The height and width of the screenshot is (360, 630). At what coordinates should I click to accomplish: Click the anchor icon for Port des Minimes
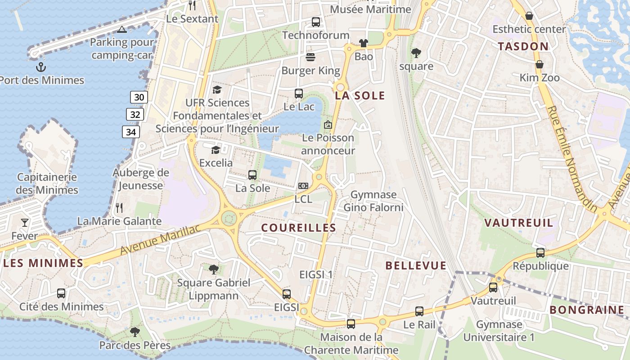[41, 67]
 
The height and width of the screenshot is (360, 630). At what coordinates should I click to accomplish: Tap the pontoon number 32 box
[135, 114]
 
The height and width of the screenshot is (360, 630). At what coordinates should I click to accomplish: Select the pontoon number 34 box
[131, 132]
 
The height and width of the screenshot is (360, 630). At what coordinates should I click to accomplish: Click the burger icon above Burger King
[310, 57]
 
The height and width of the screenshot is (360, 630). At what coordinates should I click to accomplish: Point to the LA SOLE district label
[360, 95]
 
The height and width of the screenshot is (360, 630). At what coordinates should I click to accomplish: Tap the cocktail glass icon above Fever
[25, 222]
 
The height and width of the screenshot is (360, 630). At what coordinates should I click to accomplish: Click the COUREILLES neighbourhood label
[298, 228]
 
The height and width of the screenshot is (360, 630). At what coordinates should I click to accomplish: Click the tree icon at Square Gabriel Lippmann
[214, 270]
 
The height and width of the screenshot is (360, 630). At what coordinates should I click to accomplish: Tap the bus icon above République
[540, 253]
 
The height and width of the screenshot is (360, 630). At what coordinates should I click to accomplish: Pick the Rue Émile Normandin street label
[572, 159]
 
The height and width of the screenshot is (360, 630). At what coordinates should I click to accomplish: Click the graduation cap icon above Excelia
[216, 149]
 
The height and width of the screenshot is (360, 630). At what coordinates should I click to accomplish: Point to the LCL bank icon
[303, 186]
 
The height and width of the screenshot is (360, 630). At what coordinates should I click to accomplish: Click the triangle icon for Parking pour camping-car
[121, 30]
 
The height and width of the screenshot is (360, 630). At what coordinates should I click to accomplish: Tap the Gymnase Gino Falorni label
[373, 201]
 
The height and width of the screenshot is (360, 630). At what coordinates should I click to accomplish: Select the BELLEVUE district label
[416, 265]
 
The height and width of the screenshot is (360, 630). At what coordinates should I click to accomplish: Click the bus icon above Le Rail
[419, 311]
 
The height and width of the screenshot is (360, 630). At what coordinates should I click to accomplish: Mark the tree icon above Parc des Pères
[135, 332]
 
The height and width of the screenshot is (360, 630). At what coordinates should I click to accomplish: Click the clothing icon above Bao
[364, 43]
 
